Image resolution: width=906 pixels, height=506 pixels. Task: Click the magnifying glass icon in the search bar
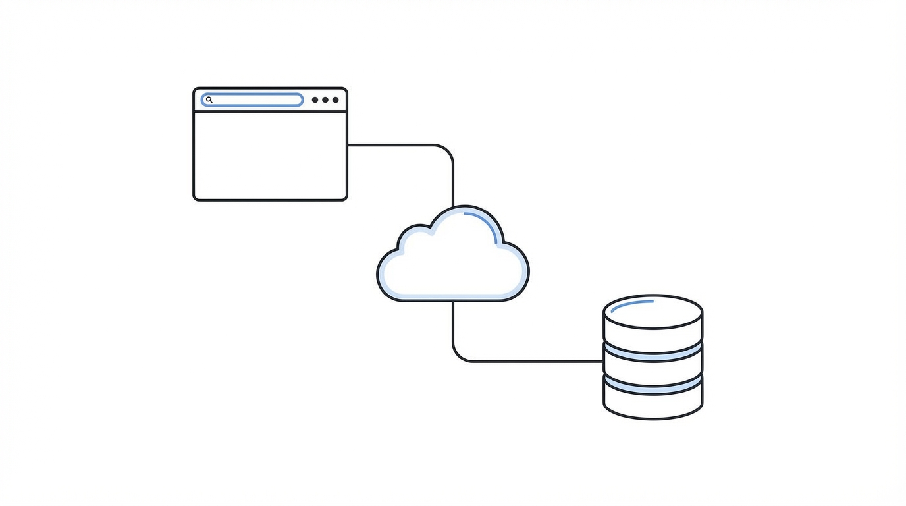pos(209,100)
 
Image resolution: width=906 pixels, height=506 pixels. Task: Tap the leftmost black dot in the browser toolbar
pos(315,100)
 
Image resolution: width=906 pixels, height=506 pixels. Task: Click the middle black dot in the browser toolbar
pos(325,100)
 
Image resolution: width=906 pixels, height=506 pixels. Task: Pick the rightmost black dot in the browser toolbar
pos(336,100)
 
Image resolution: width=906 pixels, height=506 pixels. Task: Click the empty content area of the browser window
pos(270,155)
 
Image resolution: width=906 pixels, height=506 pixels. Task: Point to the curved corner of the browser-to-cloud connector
pos(447,151)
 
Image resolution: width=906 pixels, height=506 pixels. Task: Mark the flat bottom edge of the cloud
pos(453,300)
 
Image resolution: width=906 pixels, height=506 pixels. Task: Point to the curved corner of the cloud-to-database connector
pos(459,355)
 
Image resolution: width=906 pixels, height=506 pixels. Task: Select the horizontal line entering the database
pos(540,361)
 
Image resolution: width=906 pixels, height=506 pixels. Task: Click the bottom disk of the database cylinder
pos(653,405)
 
